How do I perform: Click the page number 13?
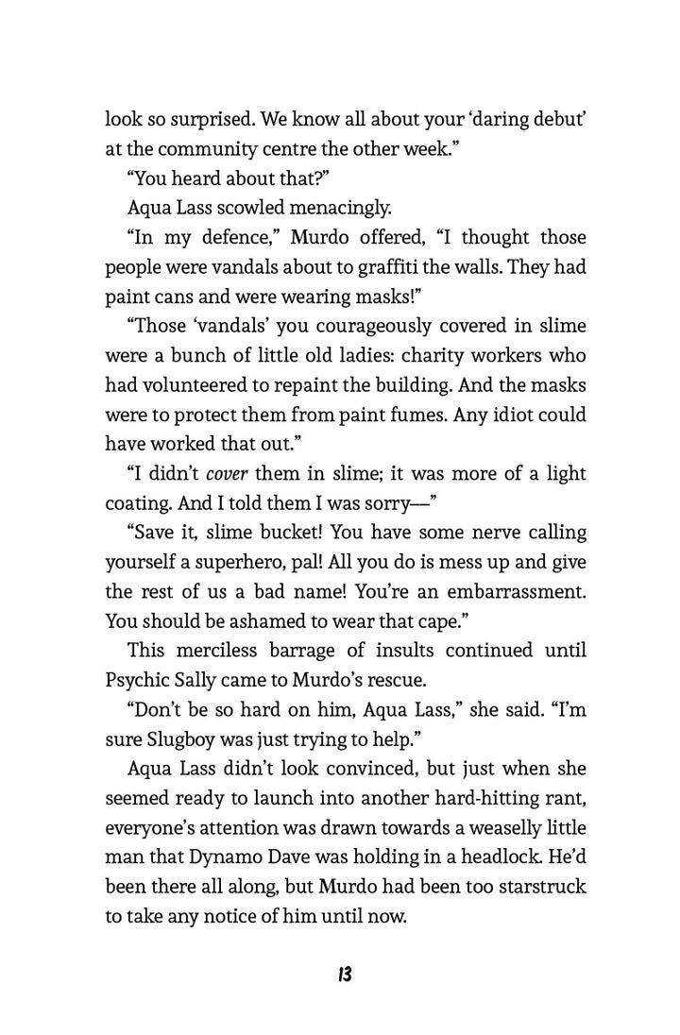pyautogui.click(x=342, y=975)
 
